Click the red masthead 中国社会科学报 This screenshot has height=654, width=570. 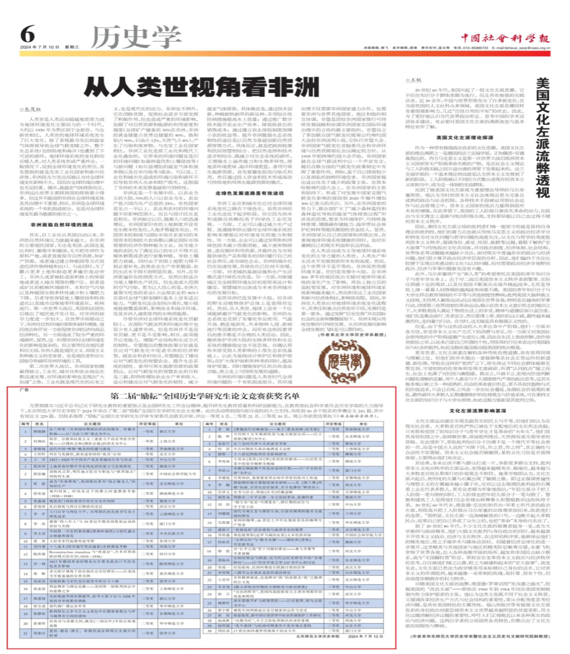tap(505, 38)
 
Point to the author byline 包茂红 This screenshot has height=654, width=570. tap(32, 109)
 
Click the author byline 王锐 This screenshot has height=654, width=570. tap(415, 80)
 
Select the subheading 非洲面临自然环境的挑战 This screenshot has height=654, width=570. tap(62, 225)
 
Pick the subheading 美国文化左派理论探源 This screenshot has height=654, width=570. tap(464, 138)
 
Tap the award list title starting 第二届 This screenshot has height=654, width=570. tap(205, 396)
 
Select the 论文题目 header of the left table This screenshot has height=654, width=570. tap(92, 424)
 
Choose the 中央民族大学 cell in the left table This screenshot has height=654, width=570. tap(167, 533)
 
